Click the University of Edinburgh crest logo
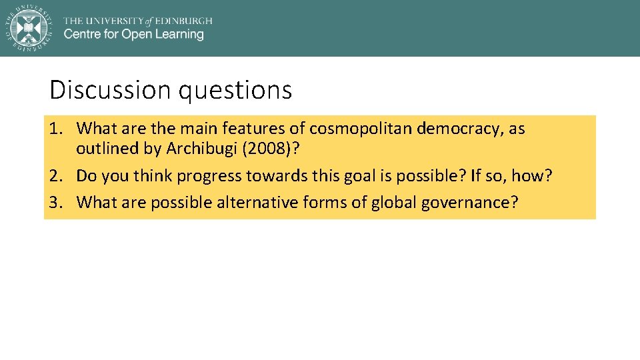(28, 27)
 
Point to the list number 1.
(55, 129)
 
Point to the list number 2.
(55, 176)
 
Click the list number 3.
(55, 203)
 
